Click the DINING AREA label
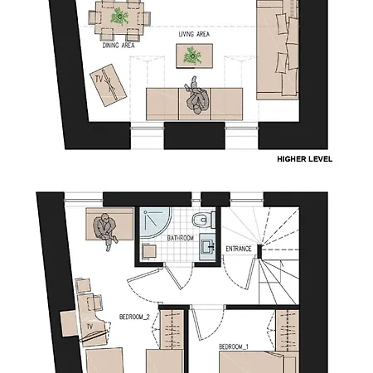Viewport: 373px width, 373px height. point(119,46)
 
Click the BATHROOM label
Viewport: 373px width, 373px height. point(180,238)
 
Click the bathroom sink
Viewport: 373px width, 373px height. point(208,245)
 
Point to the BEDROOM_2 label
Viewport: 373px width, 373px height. point(135,317)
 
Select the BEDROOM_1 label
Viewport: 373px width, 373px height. point(234,346)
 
